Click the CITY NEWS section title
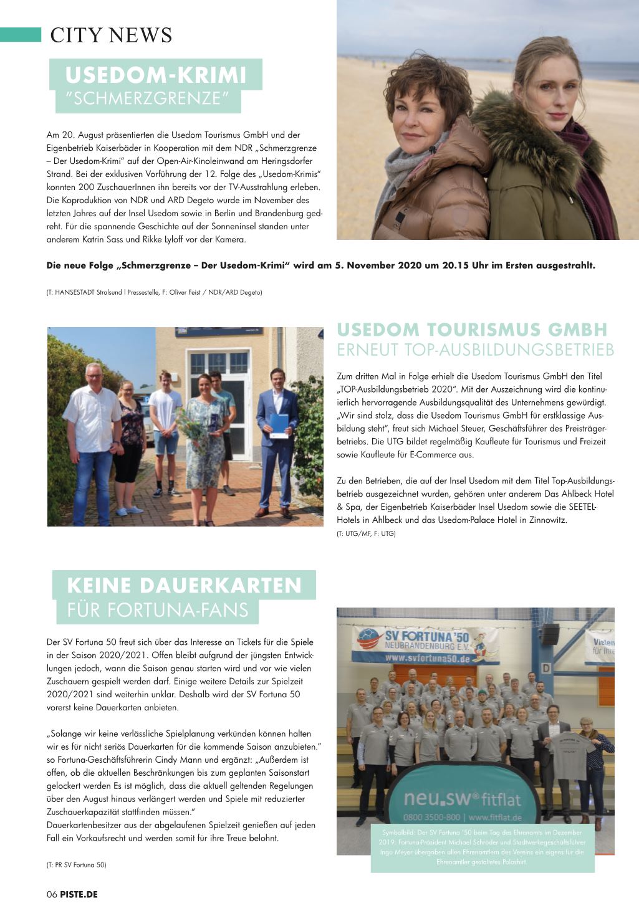click(111, 35)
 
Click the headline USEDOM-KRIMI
click(156, 75)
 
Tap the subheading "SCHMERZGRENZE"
click(148, 98)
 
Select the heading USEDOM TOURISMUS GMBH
click(472, 329)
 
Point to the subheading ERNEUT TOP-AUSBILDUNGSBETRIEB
click(475, 350)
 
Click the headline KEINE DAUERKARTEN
click(184, 585)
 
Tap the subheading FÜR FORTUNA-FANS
click(158, 609)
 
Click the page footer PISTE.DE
click(79, 894)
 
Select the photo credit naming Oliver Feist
click(154, 292)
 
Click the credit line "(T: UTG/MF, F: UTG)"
click(366, 533)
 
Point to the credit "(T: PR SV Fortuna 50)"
click(76, 865)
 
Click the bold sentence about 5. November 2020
click(320, 265)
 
